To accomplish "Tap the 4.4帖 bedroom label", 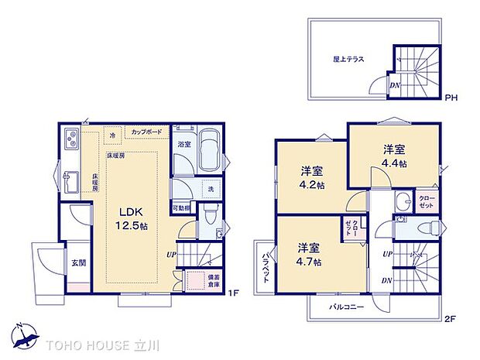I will click(393, 156).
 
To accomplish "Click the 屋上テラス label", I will click(348, 59).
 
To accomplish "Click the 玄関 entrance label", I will click(79, 263).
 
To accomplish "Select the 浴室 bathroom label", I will click(183, 145).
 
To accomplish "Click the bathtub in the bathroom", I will click(207, 150).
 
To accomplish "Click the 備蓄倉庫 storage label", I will click(213, 282).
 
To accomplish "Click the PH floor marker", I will click(451, 98).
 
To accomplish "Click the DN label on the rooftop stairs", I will click(395, 86).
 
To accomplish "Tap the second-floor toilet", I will click(433, 225).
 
